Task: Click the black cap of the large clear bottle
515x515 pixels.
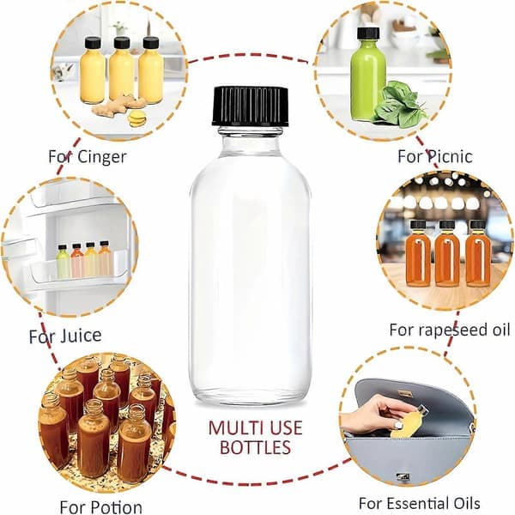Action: click(x=251, y=106)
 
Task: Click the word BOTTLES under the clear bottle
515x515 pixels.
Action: click(x=255, y=447)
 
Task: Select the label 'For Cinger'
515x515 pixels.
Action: click(x=88, y=157)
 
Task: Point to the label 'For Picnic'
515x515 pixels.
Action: click(x=435, y=156)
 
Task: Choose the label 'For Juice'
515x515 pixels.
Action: click(x=65, y=336)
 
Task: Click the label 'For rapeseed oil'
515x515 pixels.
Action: click(x=449, y=330)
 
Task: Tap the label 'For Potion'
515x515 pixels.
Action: click(x=100, y=506)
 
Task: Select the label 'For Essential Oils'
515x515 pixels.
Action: click(x=419, y=503)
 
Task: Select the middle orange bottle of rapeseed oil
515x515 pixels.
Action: click(x=446, y=253)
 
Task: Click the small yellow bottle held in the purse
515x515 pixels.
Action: click(x=407, y=422)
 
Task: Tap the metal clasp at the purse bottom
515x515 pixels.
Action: click(x=403, y=476)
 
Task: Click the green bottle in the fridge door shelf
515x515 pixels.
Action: click(x=63, y=262)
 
